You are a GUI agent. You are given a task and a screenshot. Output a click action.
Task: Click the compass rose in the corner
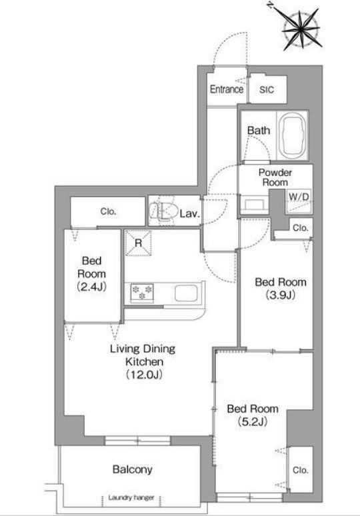click(301, 29)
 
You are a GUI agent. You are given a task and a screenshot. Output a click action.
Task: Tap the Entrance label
click(227, 89)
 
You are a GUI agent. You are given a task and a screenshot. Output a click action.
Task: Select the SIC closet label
click(267, 89)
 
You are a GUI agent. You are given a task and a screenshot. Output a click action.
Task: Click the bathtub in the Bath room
click(293, 136)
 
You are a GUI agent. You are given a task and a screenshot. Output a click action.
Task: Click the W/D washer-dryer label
click(299, 197)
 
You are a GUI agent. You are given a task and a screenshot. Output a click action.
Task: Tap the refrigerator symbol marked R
click(138, 243)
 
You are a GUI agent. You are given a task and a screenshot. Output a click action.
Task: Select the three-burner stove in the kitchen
click(142, 293)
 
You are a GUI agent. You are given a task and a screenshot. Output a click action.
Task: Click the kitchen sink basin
click(186, 293)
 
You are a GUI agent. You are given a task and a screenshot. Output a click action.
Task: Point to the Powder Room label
click(275, 177)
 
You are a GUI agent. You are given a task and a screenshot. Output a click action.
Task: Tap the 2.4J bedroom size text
click(91, 287)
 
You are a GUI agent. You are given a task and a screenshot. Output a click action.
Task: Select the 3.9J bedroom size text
click(281, 295)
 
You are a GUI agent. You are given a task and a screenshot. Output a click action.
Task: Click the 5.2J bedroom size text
click(253, 421)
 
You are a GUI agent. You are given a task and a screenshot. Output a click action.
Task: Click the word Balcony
click(132, 469)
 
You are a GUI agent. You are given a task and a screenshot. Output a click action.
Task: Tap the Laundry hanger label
click(131, 497)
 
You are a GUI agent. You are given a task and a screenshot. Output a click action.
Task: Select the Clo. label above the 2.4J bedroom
click(108, 211)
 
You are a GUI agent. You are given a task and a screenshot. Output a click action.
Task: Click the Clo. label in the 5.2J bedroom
click(300, 470)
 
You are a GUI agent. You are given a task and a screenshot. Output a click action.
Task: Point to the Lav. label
click(190, 214)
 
